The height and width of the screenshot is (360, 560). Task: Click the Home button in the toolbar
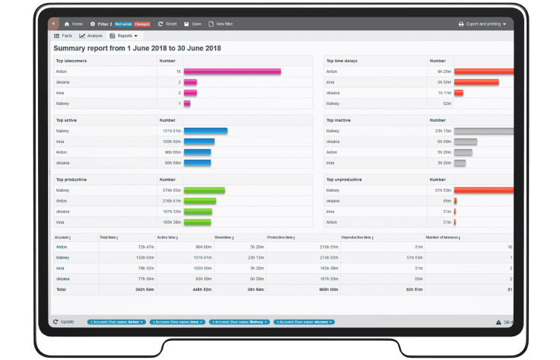tap(73, 24)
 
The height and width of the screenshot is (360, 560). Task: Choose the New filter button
tap(220, 24)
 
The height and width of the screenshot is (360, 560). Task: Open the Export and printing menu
tap(482, 24)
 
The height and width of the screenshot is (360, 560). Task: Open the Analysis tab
tap(91, 36)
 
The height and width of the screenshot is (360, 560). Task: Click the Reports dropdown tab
tap(123, 36)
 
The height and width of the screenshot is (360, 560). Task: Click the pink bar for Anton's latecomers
tap(232, 72)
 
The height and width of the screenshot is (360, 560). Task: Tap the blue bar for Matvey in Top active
tap(205, 131)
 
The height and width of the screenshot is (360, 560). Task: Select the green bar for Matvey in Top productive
tap(204, 190)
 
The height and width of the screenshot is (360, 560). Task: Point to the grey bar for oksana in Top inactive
tap(465, 142)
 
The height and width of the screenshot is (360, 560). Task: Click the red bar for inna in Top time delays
tap(476, 82)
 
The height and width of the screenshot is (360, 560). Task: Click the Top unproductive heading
tap(344, 180)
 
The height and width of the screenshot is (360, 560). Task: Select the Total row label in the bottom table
tap(61, 290)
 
